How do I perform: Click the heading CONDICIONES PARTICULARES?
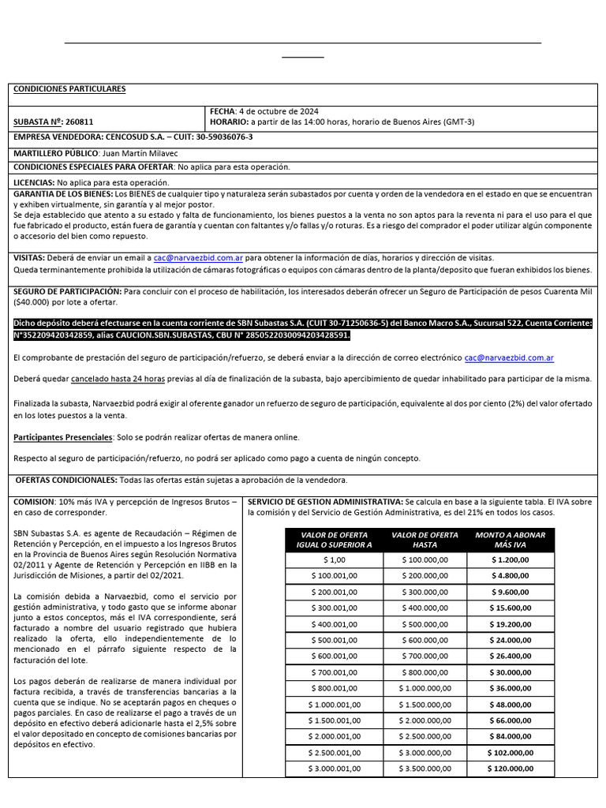coord(69,89)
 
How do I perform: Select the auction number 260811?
coord(80,122)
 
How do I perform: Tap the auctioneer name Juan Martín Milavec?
coord(140,152)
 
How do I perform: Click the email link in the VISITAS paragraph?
coord(199,258)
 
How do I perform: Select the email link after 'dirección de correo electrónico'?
coord(509,357)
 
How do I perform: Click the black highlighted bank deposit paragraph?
coord(303,328)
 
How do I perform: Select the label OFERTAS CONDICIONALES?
coord(66,481)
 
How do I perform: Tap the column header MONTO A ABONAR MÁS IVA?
coord(510,540)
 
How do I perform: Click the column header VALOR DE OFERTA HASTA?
coord(425,540)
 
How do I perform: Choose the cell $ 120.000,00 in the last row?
coord(510,768)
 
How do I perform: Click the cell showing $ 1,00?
coord(334,559)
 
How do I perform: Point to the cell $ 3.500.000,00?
coord(425,768)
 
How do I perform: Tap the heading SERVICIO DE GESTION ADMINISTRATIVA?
coord(324,502)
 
